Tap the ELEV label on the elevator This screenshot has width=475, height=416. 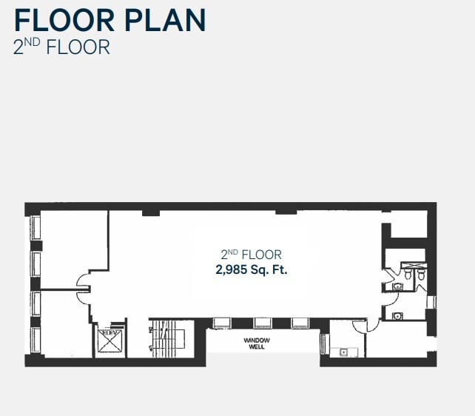(x=109, y=332)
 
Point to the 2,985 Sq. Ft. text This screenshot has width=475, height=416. (x=252, y=270)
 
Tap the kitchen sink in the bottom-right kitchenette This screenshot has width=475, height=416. (x=344, y=352)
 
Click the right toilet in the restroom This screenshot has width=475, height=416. (x=421, y=274)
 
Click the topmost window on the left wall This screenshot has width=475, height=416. (x=35, y=227)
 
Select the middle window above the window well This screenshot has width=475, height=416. (x=262, y=323)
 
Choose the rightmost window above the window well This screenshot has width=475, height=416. (x=300, y=323)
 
